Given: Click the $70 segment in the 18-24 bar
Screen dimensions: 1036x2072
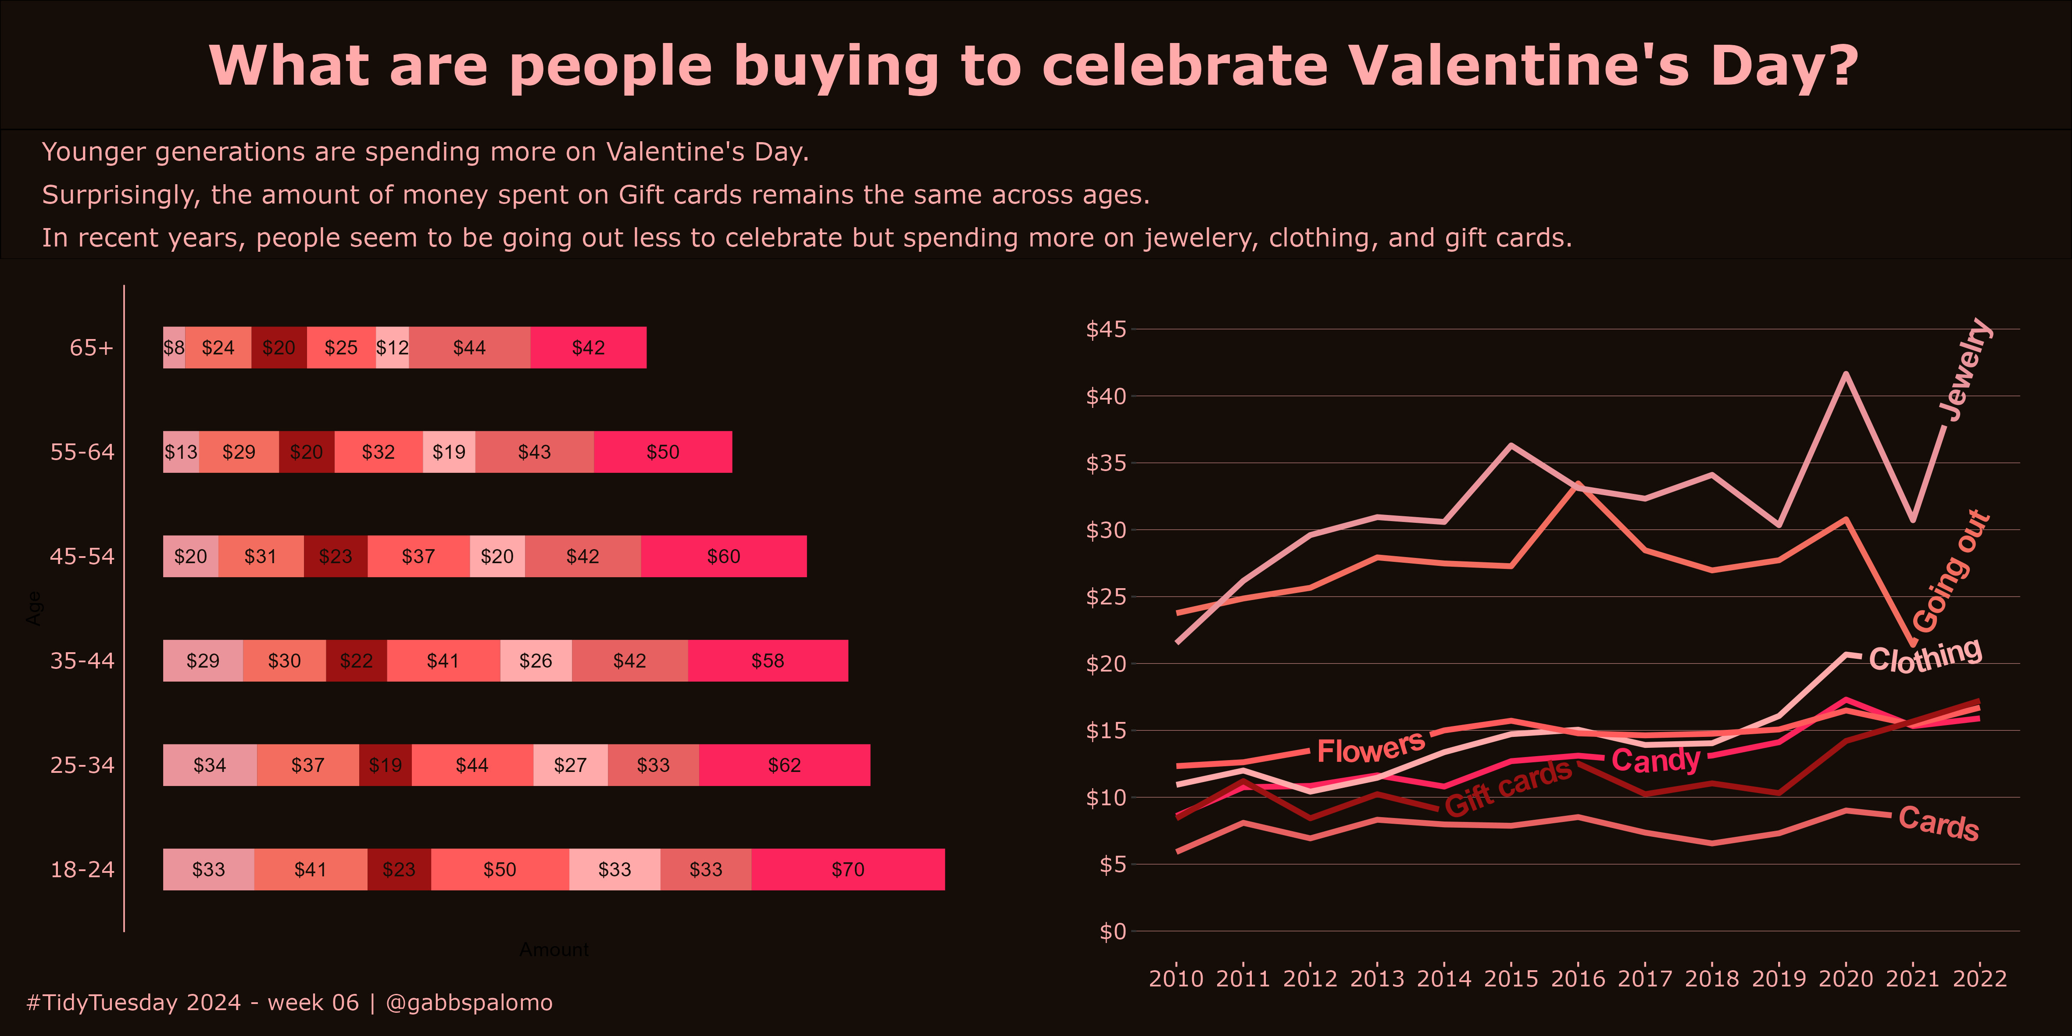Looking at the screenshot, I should [x=848, y=869].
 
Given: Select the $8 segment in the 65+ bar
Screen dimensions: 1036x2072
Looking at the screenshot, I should [x=174, y=347].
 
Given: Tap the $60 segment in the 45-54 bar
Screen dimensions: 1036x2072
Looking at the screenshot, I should [x=723, y=557].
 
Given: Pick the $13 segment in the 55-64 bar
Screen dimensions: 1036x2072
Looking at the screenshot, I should [x=181, y=452].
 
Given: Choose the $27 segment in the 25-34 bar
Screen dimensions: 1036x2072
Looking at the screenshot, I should [x=570, y=765].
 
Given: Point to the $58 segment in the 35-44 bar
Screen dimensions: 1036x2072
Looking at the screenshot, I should [x=767, y=661].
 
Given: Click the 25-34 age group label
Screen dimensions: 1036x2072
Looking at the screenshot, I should [x=82, y=765].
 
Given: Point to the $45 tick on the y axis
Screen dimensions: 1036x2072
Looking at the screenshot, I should [x=1106, y=329].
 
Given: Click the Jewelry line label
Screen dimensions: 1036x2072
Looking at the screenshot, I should [x=1965, y=370].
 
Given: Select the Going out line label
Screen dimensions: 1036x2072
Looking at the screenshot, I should [x=1951, y=573].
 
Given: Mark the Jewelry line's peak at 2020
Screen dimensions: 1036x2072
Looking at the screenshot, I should [x=1846, y=373].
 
